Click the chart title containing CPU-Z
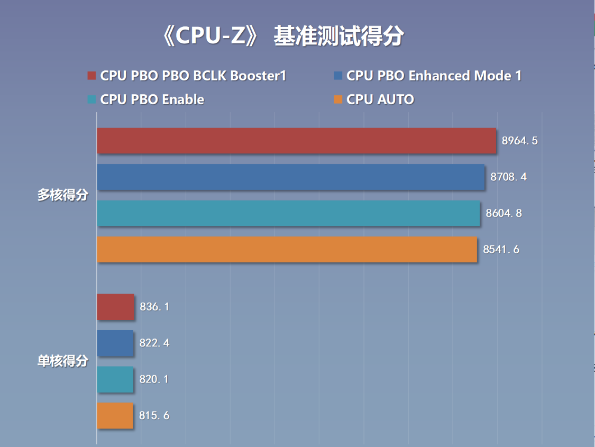point(283,36)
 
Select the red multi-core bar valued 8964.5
point(296,141)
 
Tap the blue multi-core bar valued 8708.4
point(291,177)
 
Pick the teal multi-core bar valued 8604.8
point(288,213)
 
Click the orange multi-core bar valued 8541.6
point(287,249)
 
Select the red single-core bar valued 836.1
point(115,307)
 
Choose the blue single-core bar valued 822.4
point(115,343)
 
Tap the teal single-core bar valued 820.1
point(115,379)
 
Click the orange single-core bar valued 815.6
point(115,415)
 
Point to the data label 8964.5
point(519,141)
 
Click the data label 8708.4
point(508,177)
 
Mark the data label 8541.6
point(501,249)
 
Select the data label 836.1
point(154,307)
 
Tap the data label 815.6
point(154,415)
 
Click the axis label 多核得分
point(62,195)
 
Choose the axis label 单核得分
point(62,361)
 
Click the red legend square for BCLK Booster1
point(91,76)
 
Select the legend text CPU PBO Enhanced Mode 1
point(434,76)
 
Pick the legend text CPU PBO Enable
point(152,99)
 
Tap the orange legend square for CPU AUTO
point(338,99)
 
